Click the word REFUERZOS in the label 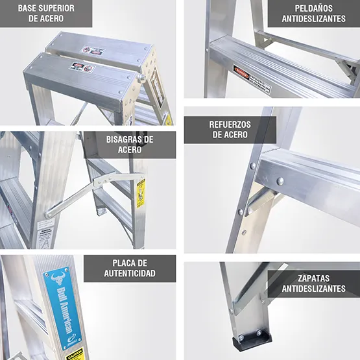coord(230,124)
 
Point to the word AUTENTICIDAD coord(130,273)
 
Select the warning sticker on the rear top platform coord(91,50)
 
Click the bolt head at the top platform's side coord(141,78)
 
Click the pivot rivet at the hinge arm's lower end coord(49,211)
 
